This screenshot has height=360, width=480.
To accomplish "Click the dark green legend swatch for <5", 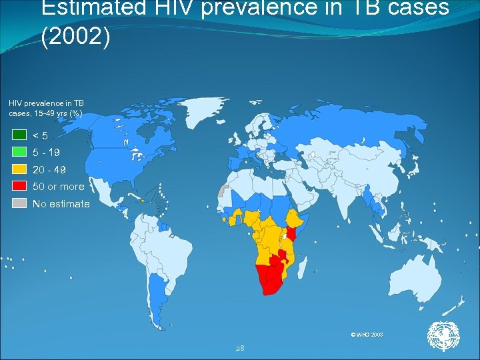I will point(19,135).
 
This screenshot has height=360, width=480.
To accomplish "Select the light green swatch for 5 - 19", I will point(19,152).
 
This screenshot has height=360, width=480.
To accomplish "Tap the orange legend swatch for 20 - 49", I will point(19,169).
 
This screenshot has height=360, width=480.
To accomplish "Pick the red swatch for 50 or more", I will point(19,187).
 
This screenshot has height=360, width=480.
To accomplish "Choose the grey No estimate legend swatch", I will point(19,203).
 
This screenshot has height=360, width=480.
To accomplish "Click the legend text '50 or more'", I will point(59,187).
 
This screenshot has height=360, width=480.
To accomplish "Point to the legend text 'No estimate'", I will point(61,204).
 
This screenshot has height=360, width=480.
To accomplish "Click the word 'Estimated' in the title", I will point(93,8).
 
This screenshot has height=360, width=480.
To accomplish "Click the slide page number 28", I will point(240,348).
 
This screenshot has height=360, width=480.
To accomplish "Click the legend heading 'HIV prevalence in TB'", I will point(46,103).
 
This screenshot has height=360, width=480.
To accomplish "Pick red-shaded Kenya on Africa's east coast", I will point(292,235).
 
